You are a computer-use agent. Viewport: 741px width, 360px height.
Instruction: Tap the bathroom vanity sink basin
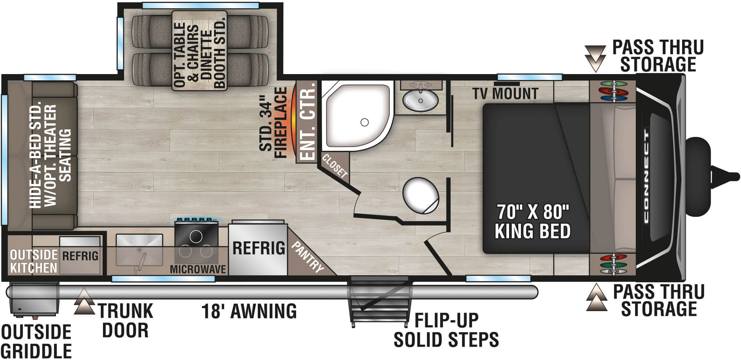[x=421, y=100]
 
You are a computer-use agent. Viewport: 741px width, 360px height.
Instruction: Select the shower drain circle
[x=365, y=122]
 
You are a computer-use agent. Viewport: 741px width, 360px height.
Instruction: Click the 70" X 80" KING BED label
[x=532, y=221]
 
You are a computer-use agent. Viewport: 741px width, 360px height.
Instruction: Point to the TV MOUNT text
[x=505, y=94]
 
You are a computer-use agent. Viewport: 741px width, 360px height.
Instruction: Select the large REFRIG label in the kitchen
[x=259, y=248]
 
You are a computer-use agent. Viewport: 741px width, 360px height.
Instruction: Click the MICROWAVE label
[x=198, y=269]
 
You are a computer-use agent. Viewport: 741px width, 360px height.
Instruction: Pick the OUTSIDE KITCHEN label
[x=34, y=261]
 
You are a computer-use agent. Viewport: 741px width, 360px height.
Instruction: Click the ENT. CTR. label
[x=308, y=122]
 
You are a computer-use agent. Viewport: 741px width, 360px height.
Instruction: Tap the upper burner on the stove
[x=196, y=236]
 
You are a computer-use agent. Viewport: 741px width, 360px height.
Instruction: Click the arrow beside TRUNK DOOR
[x=84, y=301]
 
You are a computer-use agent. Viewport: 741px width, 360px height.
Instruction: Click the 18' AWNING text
[x=249, y=311]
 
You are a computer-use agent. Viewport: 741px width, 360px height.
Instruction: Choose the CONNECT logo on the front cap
[x=647, y=176]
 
